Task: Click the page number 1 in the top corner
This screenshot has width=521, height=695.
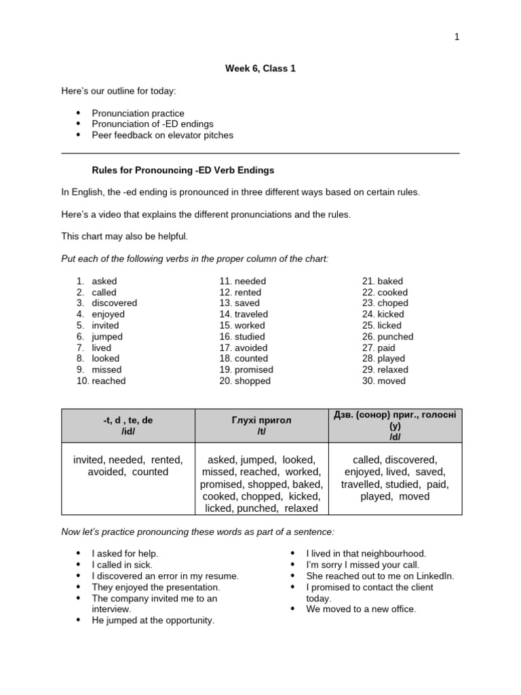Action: (x=457, y=37)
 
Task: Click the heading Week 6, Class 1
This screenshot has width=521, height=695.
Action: (x=260, y=69)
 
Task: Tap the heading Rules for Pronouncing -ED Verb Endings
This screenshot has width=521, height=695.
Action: (x=183, y=170)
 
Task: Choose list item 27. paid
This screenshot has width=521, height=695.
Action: (x=381, y=347)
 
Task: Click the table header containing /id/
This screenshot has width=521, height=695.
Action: (x=128, y=426)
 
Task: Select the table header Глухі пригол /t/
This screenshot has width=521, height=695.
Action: (x=261, y=426)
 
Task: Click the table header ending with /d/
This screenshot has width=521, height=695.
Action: (x=395, y=426)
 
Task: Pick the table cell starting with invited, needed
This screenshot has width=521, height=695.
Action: (x=128, y=466)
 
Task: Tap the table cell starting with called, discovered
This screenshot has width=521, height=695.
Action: (x=395, y=478)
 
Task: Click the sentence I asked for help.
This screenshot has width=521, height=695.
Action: (x=125, y=554)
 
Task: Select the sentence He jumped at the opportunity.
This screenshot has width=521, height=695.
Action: (x=153, y=620)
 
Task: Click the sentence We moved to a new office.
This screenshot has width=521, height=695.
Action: (x=361, y=609)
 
